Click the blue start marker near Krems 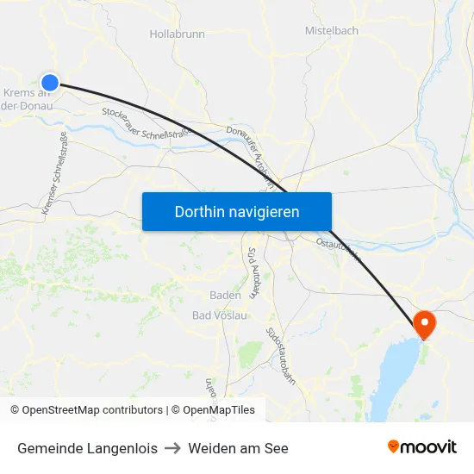coord(50,83)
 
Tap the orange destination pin coord(425,323)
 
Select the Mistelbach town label coord(331,30)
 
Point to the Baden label coord(225,295)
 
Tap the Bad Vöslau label coord(219,315)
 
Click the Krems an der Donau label coord(28,99)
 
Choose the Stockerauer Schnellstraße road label coord(145,122)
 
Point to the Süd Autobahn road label coord(253,272)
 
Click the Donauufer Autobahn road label coord(249,155)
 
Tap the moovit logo coord(422,447)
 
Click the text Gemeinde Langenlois coord(87,448)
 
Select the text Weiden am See coord(238,448)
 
